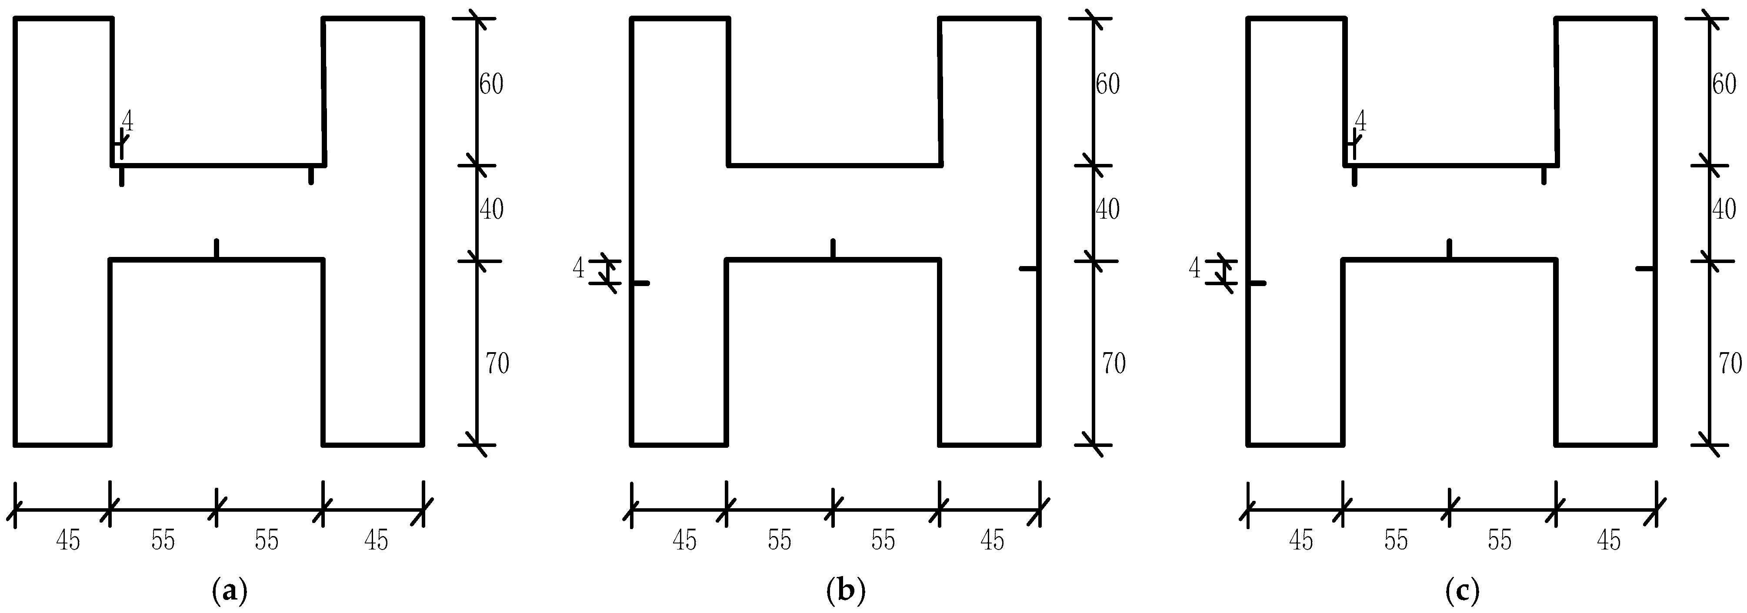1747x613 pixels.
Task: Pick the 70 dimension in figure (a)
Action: (497, 364)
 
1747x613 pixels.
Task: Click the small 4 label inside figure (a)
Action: (127, 122)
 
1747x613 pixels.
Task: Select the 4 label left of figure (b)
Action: (578, 269)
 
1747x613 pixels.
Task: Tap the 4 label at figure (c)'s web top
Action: (1360, 122)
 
